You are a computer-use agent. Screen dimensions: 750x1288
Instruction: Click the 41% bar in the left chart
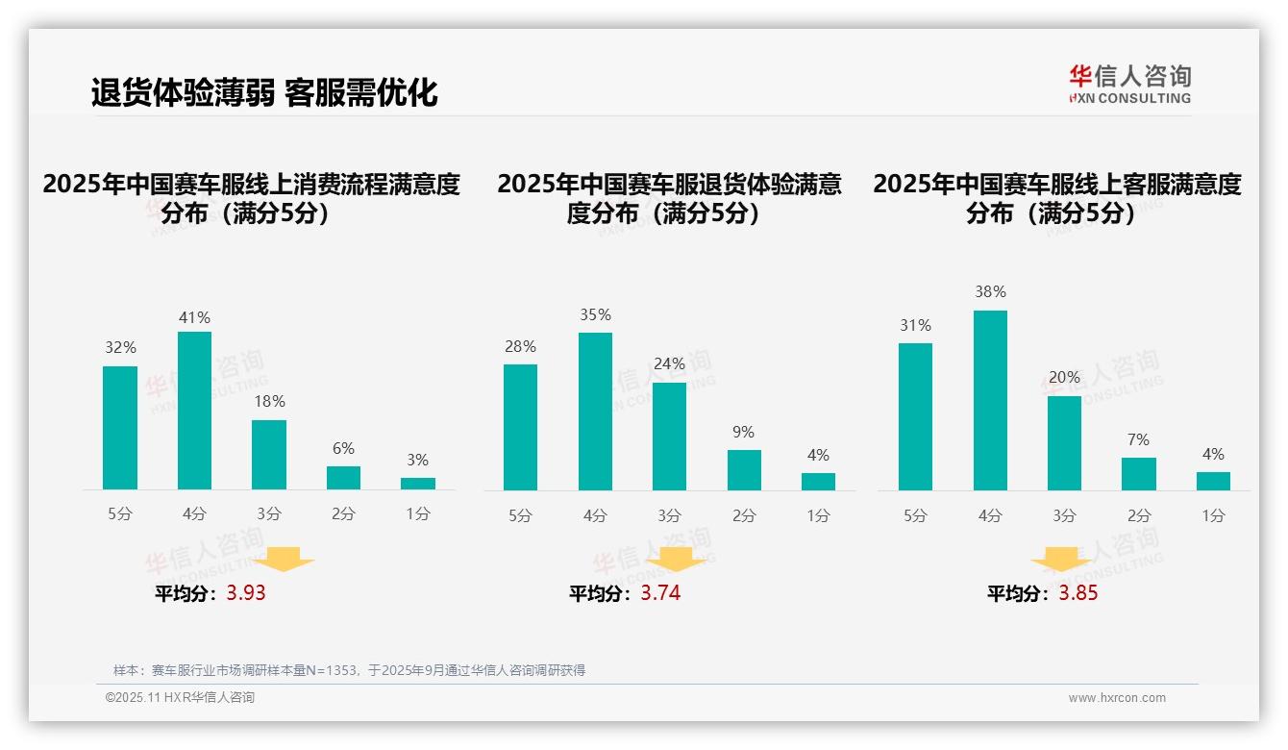[195, 411]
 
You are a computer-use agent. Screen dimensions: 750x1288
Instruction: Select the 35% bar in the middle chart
[595, 412]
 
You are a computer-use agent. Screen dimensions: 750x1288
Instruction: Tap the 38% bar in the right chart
[990, 400]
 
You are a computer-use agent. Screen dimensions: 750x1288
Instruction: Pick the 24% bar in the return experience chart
[669, 437]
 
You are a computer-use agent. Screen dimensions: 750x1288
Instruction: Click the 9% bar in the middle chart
[744, 470]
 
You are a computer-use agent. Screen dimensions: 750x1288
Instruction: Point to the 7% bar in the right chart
[1139, 474]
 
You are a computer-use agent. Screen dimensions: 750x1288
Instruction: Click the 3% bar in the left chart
[418, 484]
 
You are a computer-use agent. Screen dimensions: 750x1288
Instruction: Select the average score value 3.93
[246, 593]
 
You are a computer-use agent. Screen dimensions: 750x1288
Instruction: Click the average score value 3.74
[660, 593]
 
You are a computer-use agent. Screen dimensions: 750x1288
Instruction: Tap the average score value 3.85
[1078, 593]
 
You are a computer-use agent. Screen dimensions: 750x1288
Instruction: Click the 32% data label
[120, 348]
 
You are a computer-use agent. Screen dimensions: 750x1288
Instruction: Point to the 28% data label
[520, 346]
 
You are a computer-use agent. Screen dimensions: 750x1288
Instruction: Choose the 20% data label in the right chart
[1064, 377]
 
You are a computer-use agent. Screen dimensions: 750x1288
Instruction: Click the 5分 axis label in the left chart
[120, 514]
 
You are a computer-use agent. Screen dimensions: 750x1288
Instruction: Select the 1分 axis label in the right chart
[1213, 515]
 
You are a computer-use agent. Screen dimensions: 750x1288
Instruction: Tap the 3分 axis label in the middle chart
[669, 515]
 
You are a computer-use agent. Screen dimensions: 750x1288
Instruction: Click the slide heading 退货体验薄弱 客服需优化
[264, 92]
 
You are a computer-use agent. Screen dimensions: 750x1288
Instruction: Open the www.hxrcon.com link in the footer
[1117, 698]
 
